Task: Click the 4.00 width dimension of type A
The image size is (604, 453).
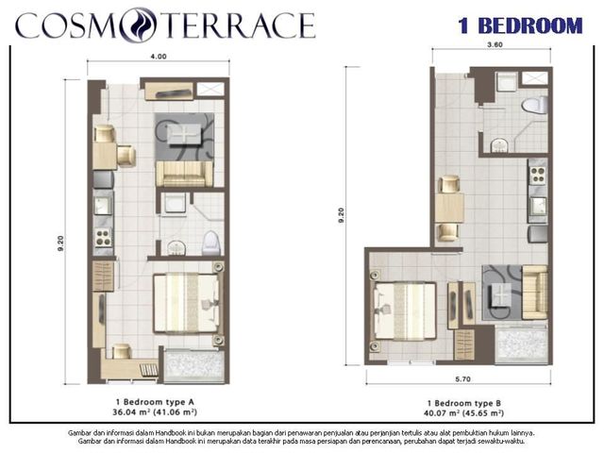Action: click(159, 57)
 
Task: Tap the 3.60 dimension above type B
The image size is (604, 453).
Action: click(495, 44)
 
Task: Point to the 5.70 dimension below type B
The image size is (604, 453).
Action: click(462, 379)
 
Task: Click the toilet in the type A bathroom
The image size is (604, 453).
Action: click(211, 243)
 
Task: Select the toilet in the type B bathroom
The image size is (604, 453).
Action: click(535, 105)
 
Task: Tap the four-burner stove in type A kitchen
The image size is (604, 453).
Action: click(103, 237)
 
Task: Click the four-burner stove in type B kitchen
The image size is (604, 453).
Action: click(538, 176)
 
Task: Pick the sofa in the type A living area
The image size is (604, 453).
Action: click(185, 174)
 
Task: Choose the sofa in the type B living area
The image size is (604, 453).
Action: click(535, 293)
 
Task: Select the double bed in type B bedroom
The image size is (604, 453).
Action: click(405, 311)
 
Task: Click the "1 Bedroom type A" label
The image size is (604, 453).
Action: click(155, 402)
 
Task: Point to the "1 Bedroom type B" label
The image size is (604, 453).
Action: click(464, 403)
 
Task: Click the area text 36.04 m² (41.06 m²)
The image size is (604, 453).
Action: click(155, 412)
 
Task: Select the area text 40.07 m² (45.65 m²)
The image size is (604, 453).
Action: click(464, 413)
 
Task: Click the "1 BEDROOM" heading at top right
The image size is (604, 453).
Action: click(520, 25)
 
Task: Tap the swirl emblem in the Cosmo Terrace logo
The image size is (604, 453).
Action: click(138, 25)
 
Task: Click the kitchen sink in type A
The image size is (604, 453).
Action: click(103, 206)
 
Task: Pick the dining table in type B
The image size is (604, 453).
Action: click(449, 208)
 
